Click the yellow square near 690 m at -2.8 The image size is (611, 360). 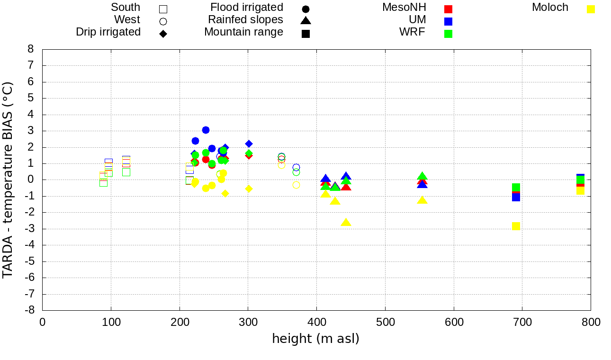tap(516, 226)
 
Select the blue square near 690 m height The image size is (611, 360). tap(516, 197)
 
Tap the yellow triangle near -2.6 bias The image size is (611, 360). tap(346, 223)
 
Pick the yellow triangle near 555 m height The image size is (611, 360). tap(422, 200)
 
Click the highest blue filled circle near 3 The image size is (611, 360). tap(206, 130)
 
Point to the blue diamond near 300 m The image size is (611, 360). tap(249, 144)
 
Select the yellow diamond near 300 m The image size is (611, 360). tap(249, 189)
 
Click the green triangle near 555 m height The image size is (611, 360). tap(422, 176)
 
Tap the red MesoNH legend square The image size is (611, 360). tap(448, 9)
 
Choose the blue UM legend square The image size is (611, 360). tap(448, 21)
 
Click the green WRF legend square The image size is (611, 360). tap(448, 34)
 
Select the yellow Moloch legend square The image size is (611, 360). tap(590, 9)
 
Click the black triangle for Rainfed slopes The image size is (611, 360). tap(305, 20)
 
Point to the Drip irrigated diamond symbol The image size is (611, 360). tap(163, 34)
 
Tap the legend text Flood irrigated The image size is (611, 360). tap(247, 8)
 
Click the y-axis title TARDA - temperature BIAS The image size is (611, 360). tap(8, 180)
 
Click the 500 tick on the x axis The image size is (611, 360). tap(385, 323)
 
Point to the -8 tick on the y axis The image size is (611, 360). tap(30, 310)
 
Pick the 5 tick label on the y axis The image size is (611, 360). tap(31, 98)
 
